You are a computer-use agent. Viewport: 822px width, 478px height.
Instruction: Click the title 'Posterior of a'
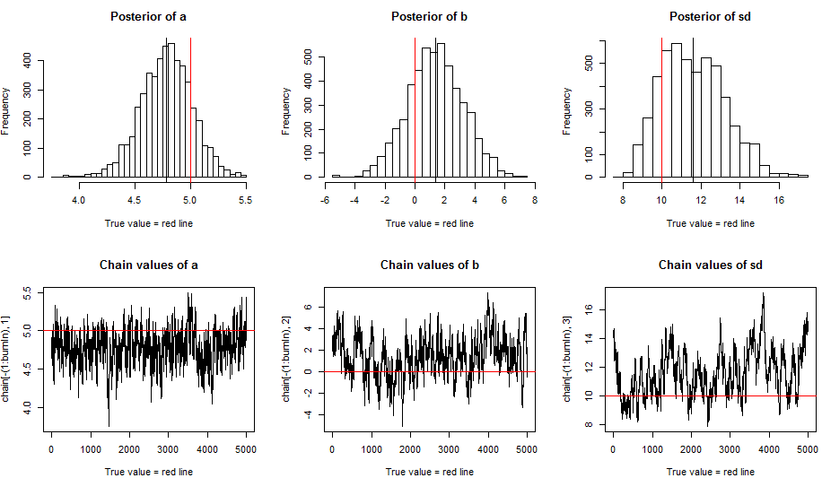point(150,17)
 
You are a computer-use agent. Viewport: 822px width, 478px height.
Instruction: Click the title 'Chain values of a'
point(150,265)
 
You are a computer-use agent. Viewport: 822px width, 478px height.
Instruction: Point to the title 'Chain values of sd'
point(710,265)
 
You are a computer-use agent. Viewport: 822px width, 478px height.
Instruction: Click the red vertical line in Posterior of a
point(191,108)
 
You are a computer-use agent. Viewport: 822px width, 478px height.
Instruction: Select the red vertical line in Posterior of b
point(415,108)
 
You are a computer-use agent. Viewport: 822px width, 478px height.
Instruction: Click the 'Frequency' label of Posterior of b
point(286,110)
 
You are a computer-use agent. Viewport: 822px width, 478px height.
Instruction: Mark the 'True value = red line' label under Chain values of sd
point(710,471)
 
